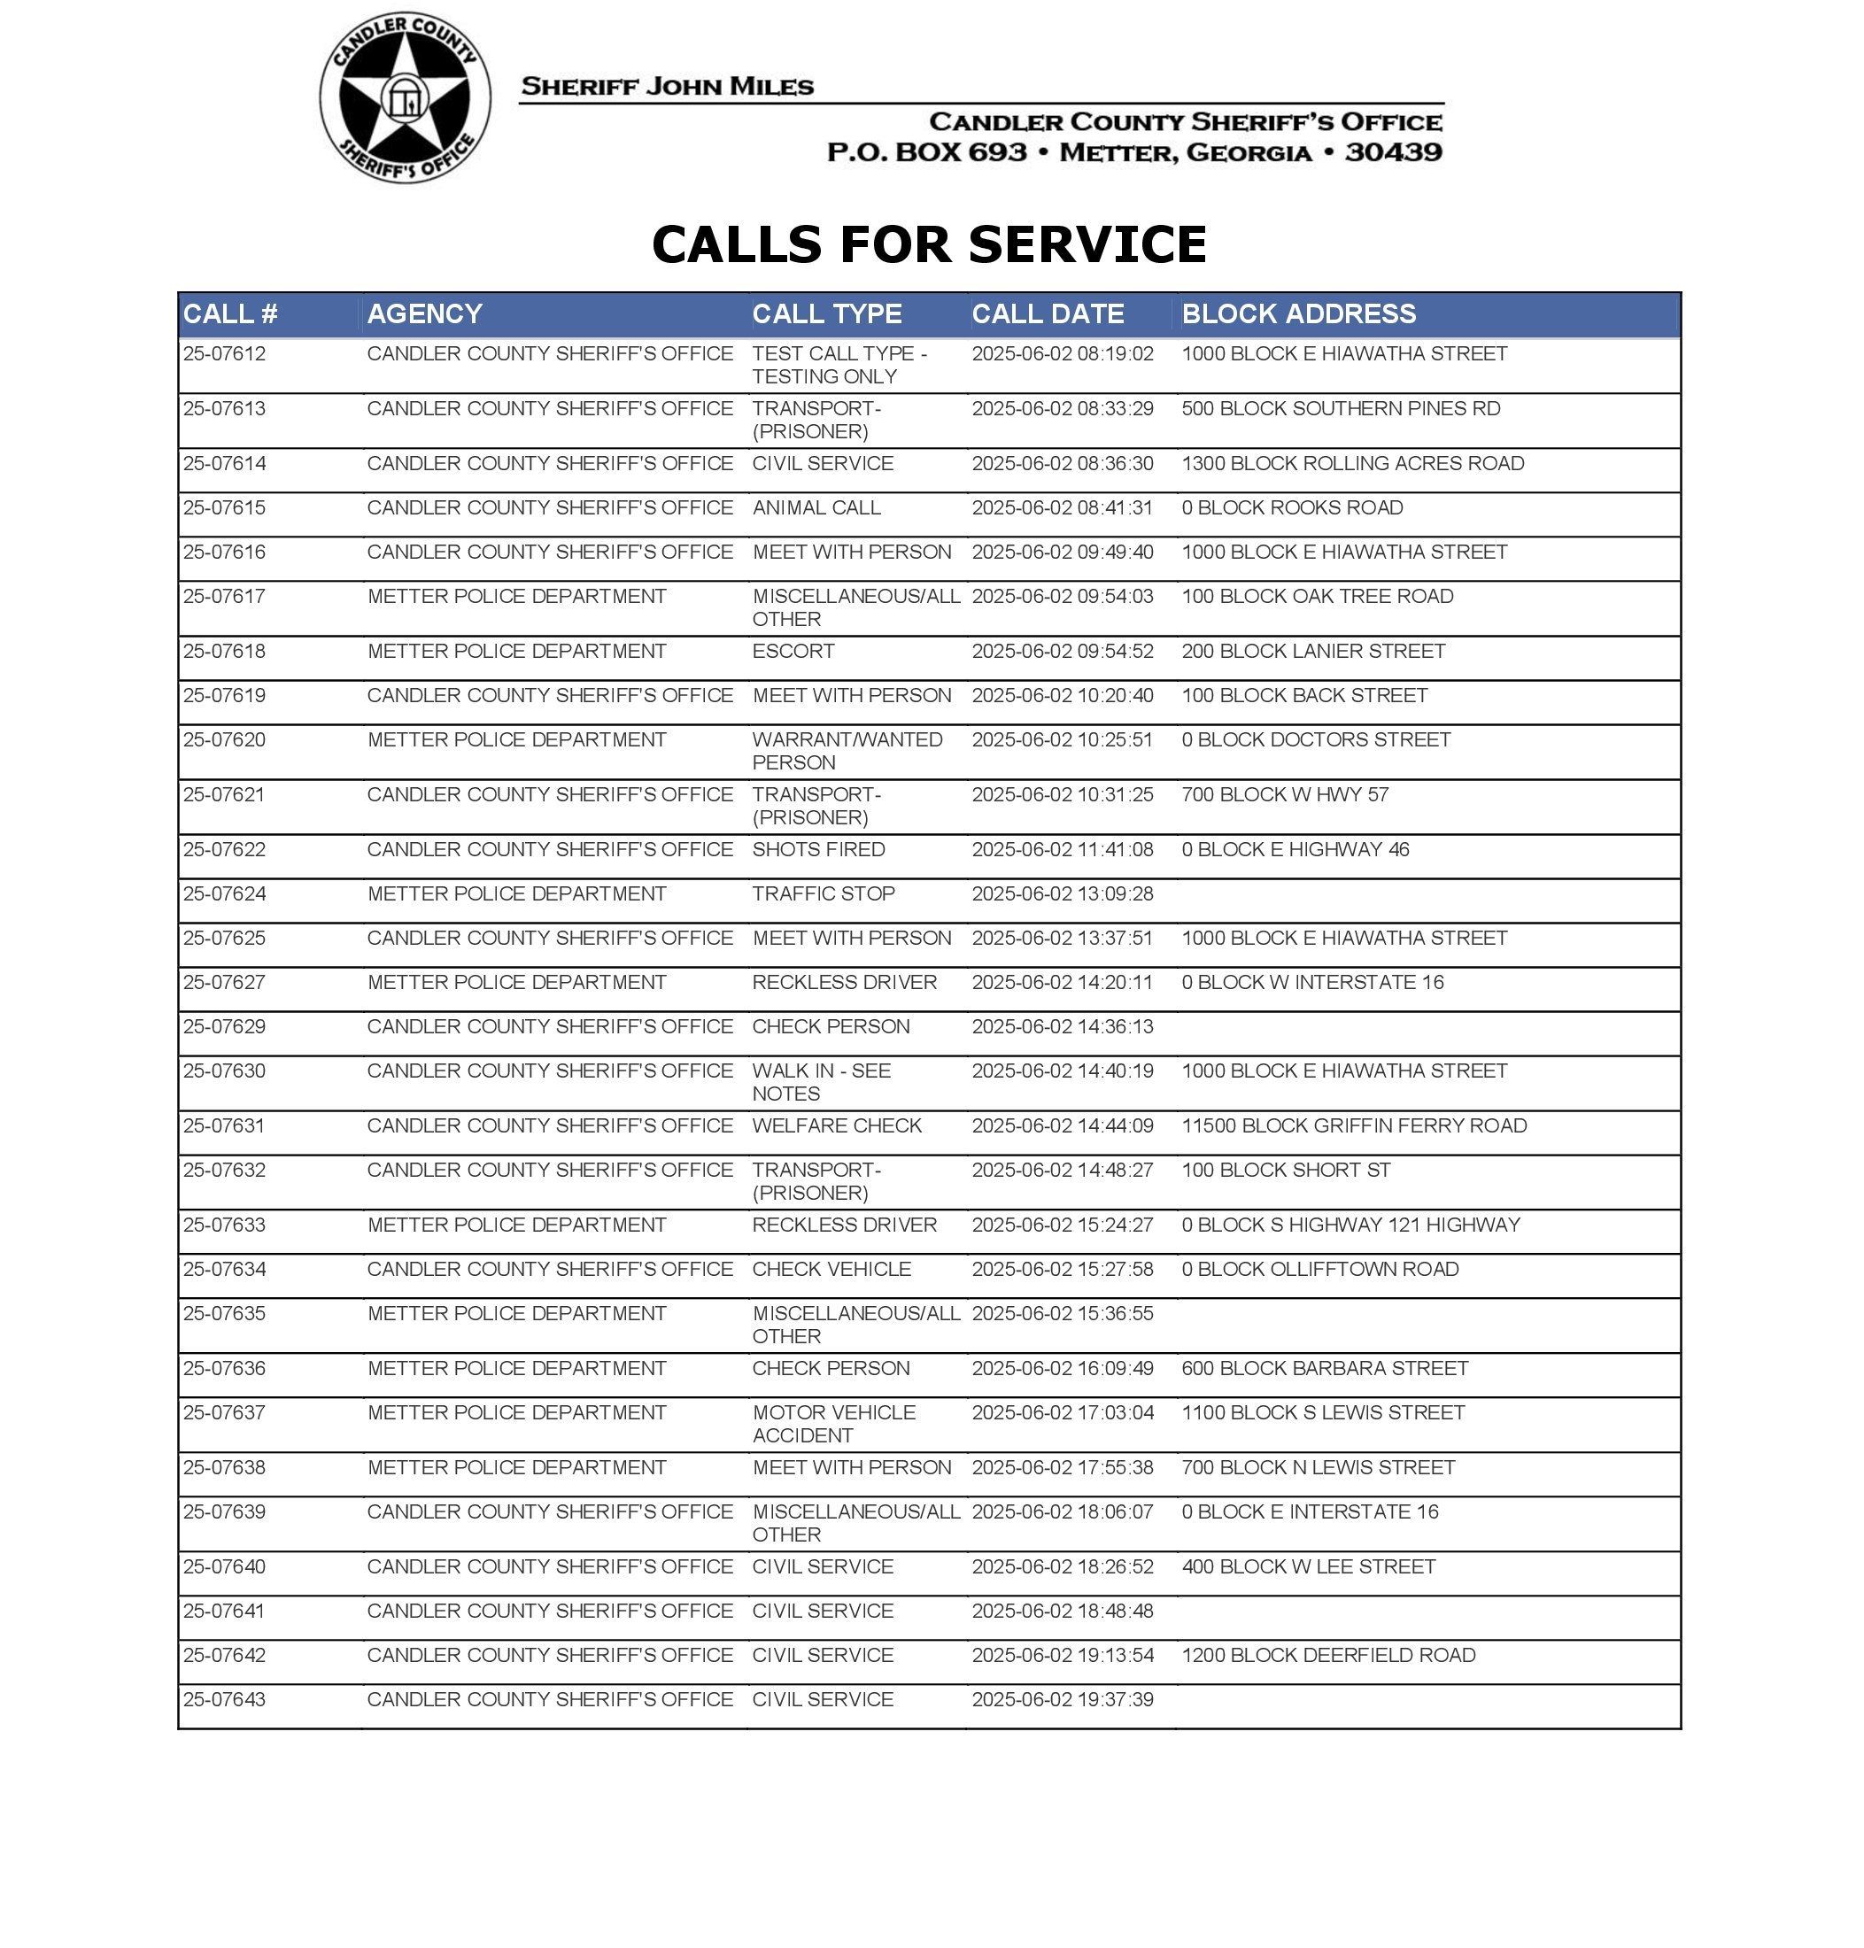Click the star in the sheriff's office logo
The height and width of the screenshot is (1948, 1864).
[x=405, y=97]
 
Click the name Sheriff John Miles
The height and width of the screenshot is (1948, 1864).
[x=667, y=87]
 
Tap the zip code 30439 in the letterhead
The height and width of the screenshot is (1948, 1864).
[x=1393, y=152]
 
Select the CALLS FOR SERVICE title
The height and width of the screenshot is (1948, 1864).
[x=929, y=244]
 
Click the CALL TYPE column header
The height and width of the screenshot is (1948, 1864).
[x=827, y=314]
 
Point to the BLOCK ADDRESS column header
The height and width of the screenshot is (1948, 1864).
[x=1299, y=314]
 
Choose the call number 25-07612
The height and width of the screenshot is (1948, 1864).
[x=225, y=353]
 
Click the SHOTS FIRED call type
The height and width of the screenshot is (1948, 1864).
[x=817, y=849]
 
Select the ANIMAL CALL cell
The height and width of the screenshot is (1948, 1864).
[x=816, y=507]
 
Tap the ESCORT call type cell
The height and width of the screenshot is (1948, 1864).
[x=793, y=651]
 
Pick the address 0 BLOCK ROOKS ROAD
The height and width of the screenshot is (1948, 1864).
[x=1292, y=507]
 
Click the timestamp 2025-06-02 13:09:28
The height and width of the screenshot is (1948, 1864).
[x=1062, y=894]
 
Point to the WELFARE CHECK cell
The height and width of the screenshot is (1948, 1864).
[x=837, y=1125]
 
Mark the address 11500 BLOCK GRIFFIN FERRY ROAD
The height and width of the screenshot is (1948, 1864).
[x=1353, y=1125]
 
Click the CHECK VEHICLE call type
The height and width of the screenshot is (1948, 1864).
[x=831, y=1269]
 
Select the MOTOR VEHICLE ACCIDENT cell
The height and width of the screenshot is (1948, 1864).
[x=832, y=1424]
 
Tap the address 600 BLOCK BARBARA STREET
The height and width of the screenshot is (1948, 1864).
[x=1325, y=1368]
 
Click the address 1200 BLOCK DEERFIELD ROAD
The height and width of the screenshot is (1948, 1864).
[x=1328, y=1655]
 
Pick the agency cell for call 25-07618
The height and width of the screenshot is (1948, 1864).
[x=516, y=651]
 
